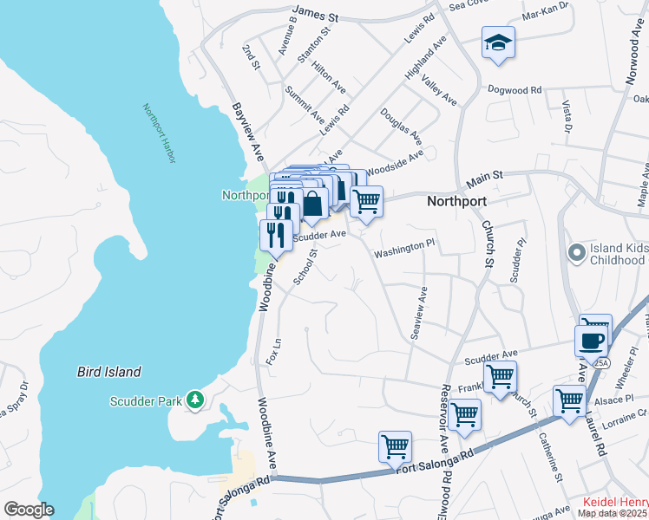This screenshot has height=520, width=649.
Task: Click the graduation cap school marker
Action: click(499, 42)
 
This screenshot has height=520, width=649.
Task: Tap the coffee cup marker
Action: click(591, 339)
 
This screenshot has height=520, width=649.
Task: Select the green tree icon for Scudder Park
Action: click(196, 400)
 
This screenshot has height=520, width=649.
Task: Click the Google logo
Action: click(28, 510)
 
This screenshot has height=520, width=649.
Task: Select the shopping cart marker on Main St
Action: click(367, 201)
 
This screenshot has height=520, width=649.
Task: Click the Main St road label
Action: click(484, 179)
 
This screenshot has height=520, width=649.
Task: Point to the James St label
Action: click(315, 11)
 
